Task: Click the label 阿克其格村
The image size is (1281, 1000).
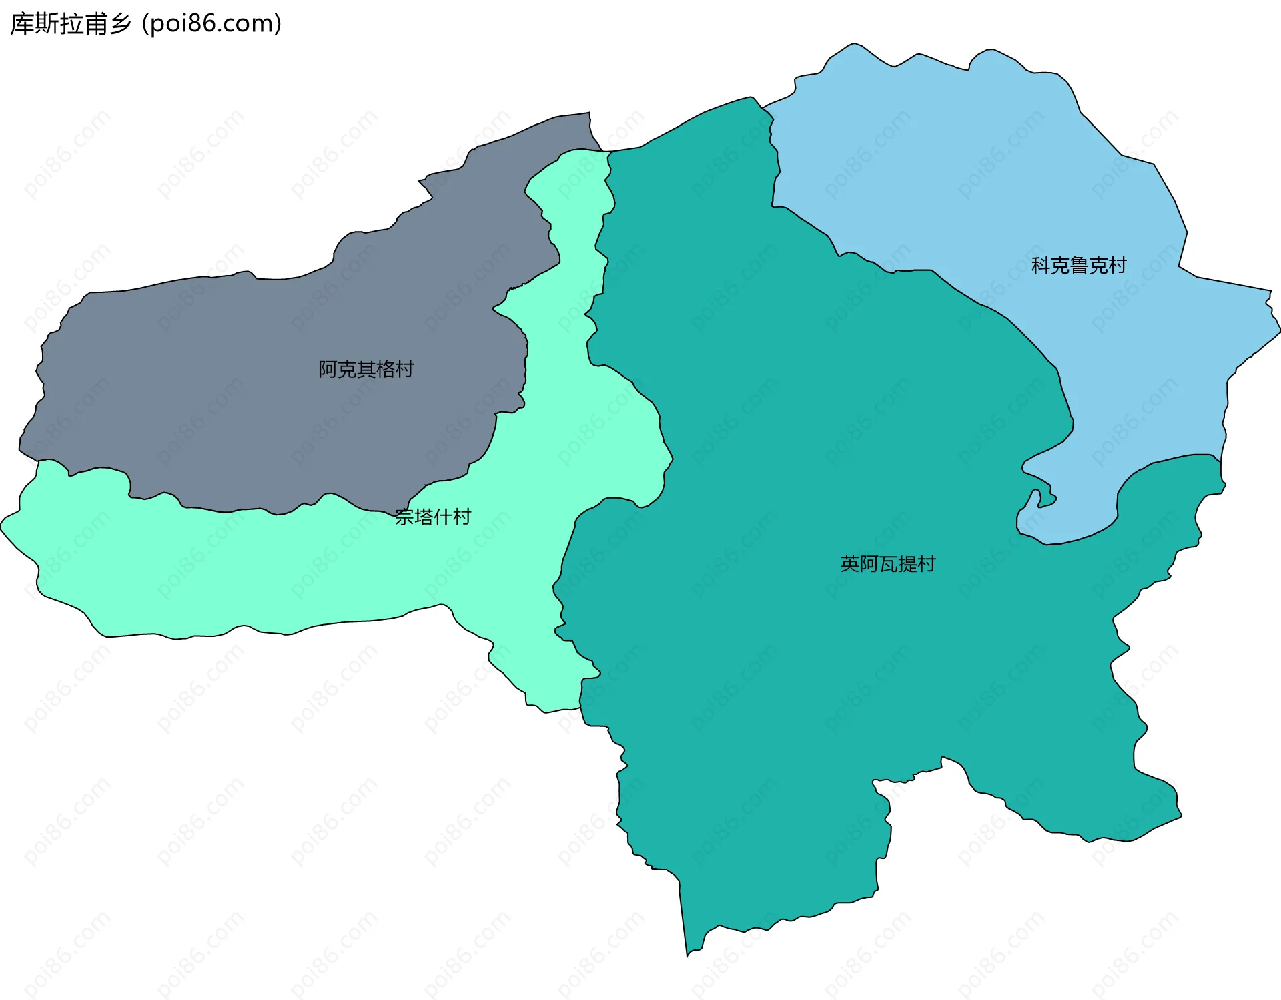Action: point(366,369)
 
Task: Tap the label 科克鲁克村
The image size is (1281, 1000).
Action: point(1078,266)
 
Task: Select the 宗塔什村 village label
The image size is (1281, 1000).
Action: point(432,517)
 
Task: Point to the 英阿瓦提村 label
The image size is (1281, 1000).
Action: point(887,564)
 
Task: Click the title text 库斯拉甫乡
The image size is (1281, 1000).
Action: point(71,24)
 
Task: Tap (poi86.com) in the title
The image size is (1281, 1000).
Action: point(211,24)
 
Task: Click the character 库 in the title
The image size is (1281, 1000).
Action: point(21,24)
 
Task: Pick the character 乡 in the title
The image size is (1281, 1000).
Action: point(121,24)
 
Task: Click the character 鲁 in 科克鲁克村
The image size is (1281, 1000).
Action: point(1078,266)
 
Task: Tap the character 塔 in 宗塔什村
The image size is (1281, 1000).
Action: point(423,517)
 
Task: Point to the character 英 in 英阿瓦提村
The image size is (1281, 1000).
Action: point(850,564)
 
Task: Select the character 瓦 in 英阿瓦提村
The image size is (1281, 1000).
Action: point(888,564)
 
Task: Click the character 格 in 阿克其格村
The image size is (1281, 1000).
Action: point(385,369)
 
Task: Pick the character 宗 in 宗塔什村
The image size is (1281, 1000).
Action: point(404,517)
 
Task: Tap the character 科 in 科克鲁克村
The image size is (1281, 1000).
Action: point(1041,266)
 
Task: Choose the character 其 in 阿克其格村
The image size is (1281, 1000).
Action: point(366,369)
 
